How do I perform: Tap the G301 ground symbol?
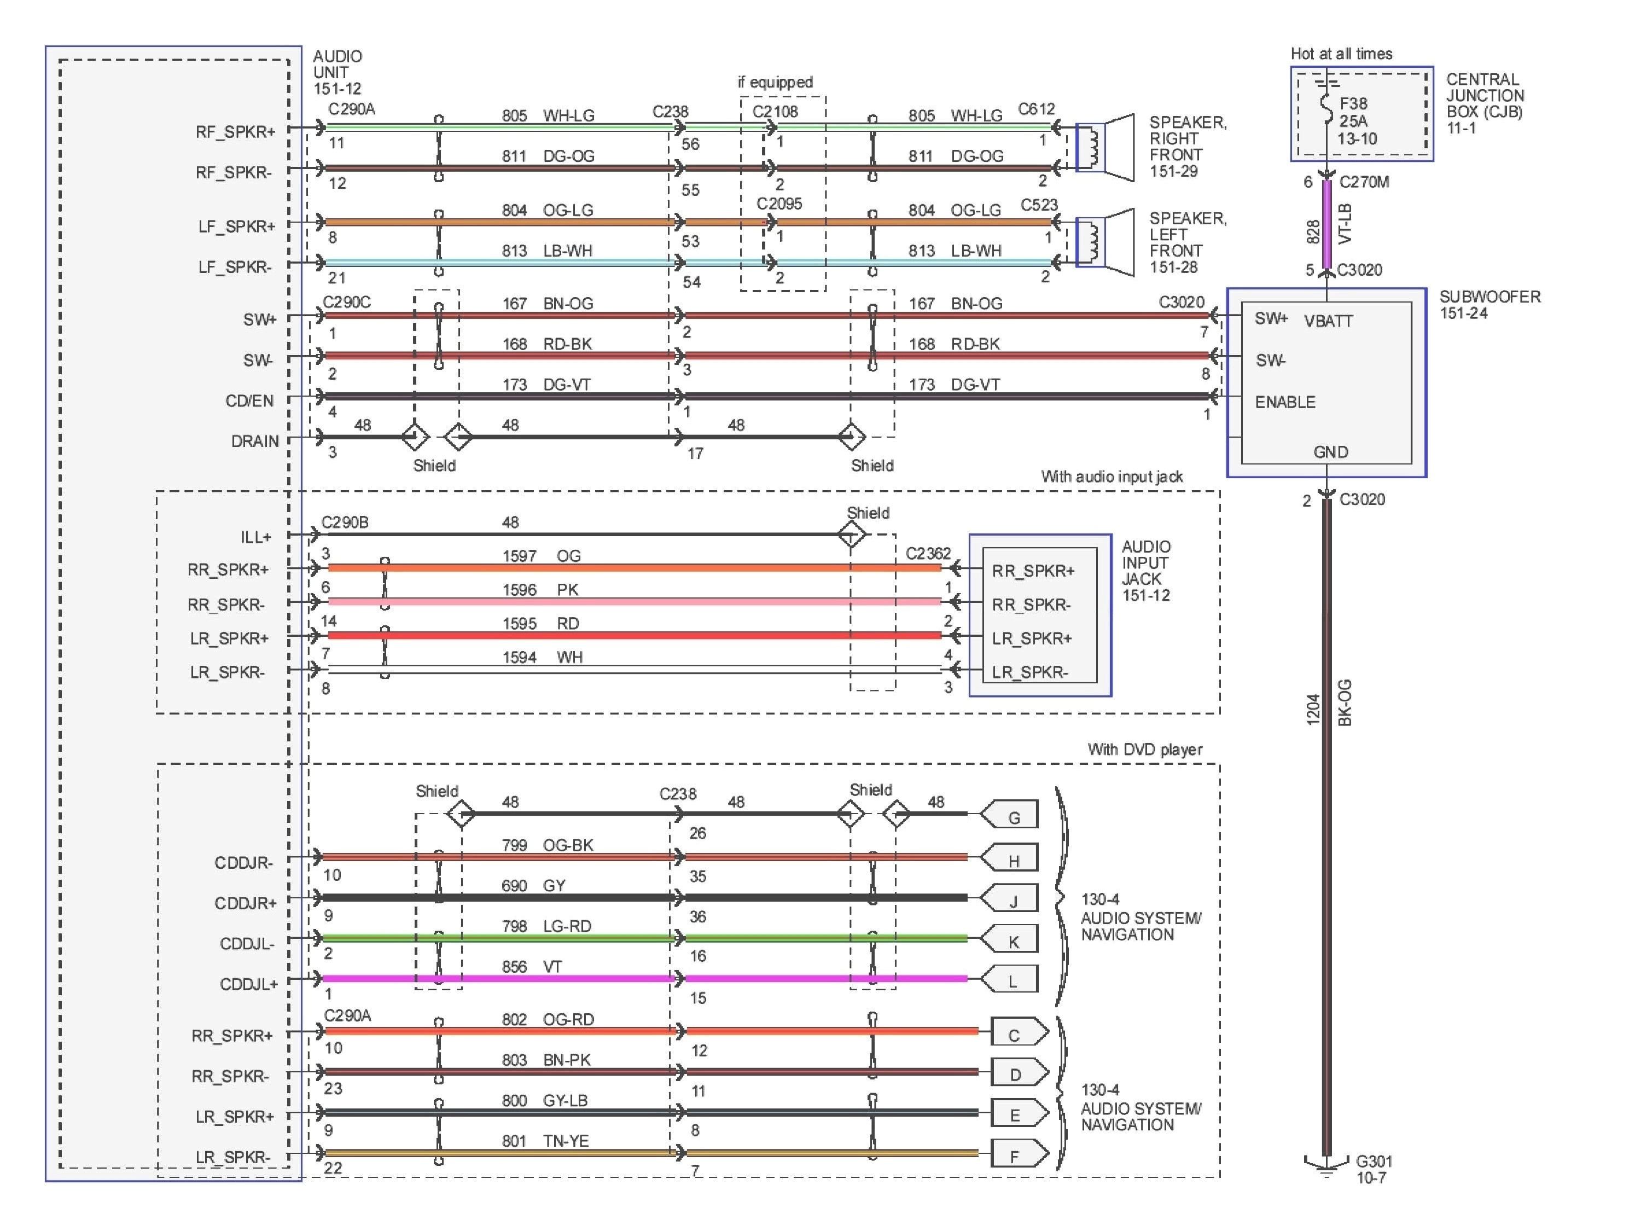(1326, 1165)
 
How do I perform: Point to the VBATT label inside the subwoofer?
(1328, 321)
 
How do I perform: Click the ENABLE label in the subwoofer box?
(1285, 402)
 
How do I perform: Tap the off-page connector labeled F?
(1018, 1155)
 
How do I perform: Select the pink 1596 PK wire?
(631, 602)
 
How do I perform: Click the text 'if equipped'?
(775, 83)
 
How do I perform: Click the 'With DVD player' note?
(1145, 750)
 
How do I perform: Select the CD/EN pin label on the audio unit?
(249, 400)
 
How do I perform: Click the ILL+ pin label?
(255, 537)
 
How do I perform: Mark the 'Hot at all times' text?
(1341, 54)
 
